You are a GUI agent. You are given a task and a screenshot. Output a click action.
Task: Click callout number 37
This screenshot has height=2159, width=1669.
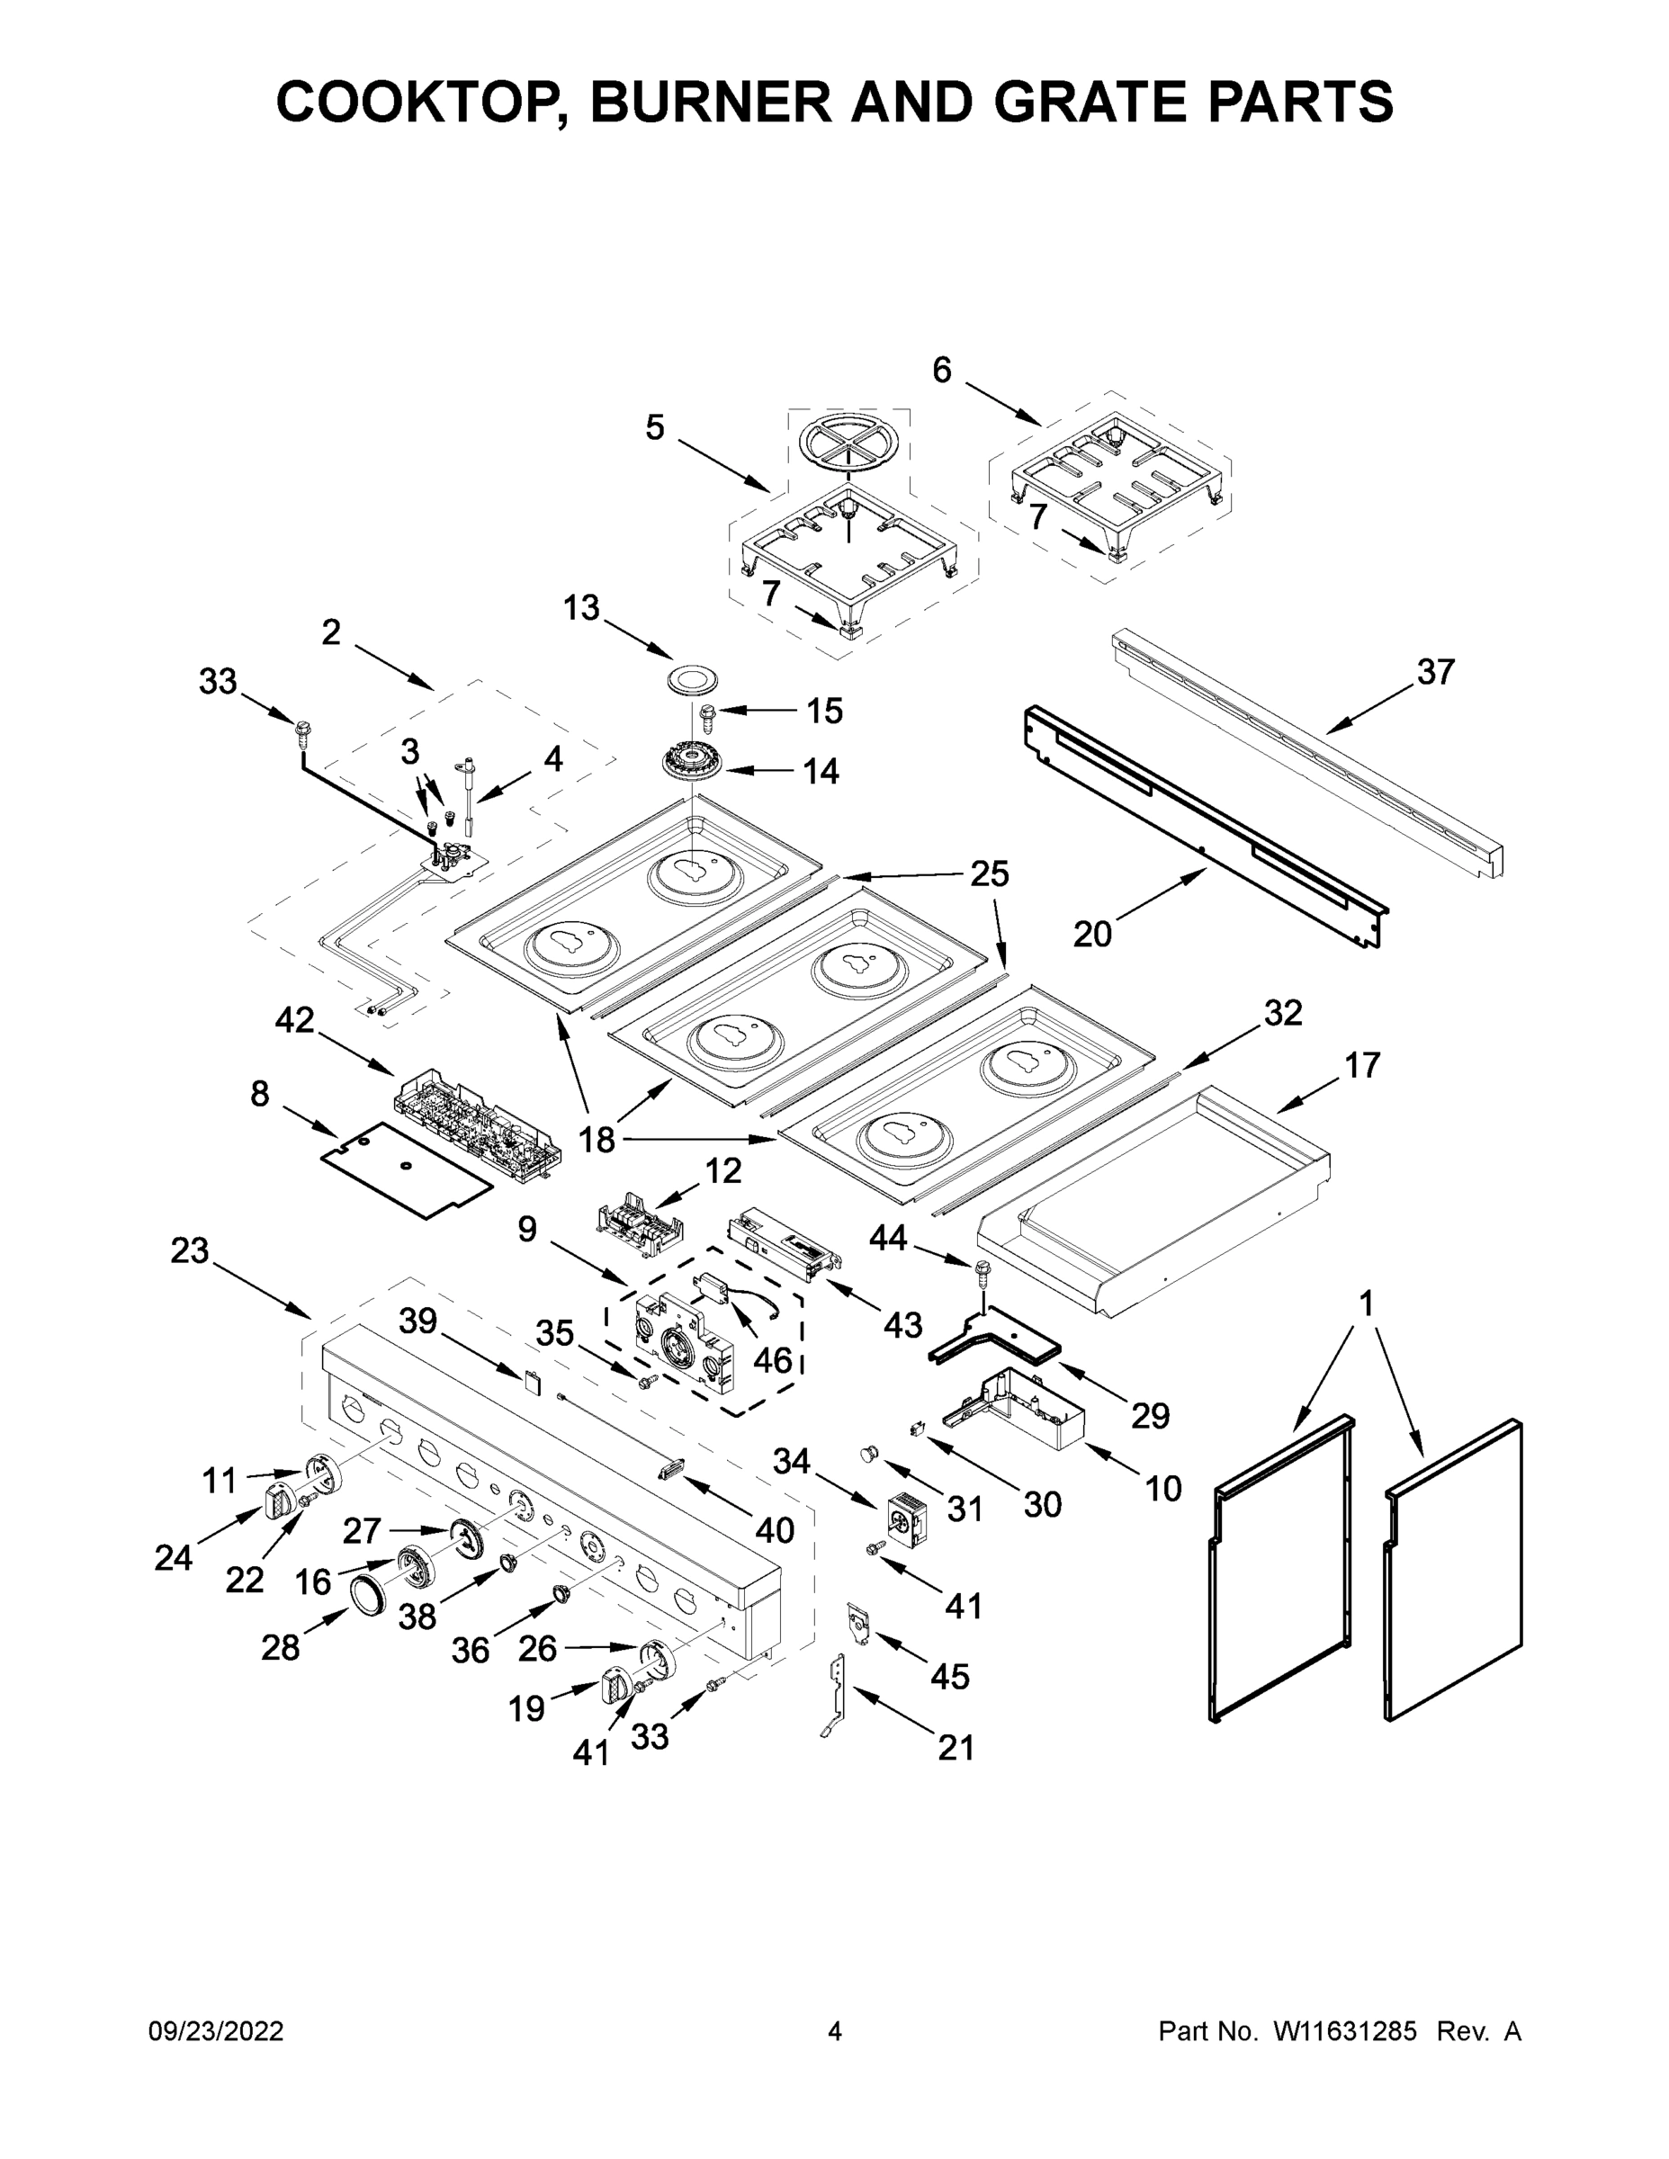pos(1436,672)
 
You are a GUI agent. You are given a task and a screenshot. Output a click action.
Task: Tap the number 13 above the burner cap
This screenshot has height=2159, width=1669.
pos(581,608)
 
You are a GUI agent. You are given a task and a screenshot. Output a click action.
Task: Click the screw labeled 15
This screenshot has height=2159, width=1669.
pos(707,712)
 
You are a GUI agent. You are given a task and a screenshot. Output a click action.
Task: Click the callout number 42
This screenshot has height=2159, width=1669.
pos(293,1020)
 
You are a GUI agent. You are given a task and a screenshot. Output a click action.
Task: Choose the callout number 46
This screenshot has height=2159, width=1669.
pos(773,1360)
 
